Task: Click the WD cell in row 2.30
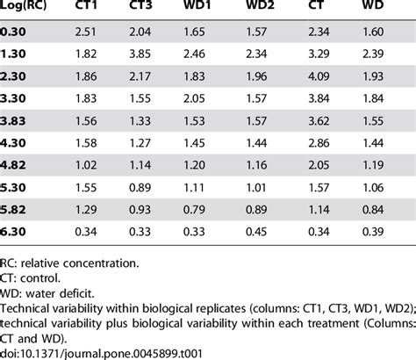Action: click(375, 76)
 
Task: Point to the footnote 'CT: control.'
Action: click(33, 277)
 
